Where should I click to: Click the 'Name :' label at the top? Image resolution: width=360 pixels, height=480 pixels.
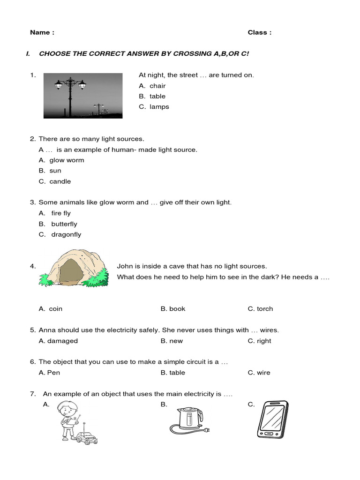42,32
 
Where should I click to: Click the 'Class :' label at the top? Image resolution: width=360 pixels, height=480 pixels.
259,32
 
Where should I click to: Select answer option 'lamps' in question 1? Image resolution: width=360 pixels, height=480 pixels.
159,107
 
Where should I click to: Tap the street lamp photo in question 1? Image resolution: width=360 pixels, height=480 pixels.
83,96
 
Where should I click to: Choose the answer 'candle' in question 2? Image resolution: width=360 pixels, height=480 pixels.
60,181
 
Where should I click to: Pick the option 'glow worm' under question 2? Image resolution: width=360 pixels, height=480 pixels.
67,160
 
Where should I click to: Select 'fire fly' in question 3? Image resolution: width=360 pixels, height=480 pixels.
61,213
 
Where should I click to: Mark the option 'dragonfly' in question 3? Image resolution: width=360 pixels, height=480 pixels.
66,234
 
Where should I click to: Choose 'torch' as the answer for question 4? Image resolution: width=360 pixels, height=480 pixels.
265,309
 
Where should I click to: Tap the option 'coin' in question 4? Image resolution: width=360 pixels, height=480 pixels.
55,309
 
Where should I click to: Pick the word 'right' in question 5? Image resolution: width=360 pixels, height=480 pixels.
264,341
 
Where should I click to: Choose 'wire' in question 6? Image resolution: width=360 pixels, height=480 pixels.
263,373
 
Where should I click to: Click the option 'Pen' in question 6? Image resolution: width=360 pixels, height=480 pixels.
53,373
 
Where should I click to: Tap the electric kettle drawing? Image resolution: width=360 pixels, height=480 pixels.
188,420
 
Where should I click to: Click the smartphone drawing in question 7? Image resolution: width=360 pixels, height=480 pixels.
272,420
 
